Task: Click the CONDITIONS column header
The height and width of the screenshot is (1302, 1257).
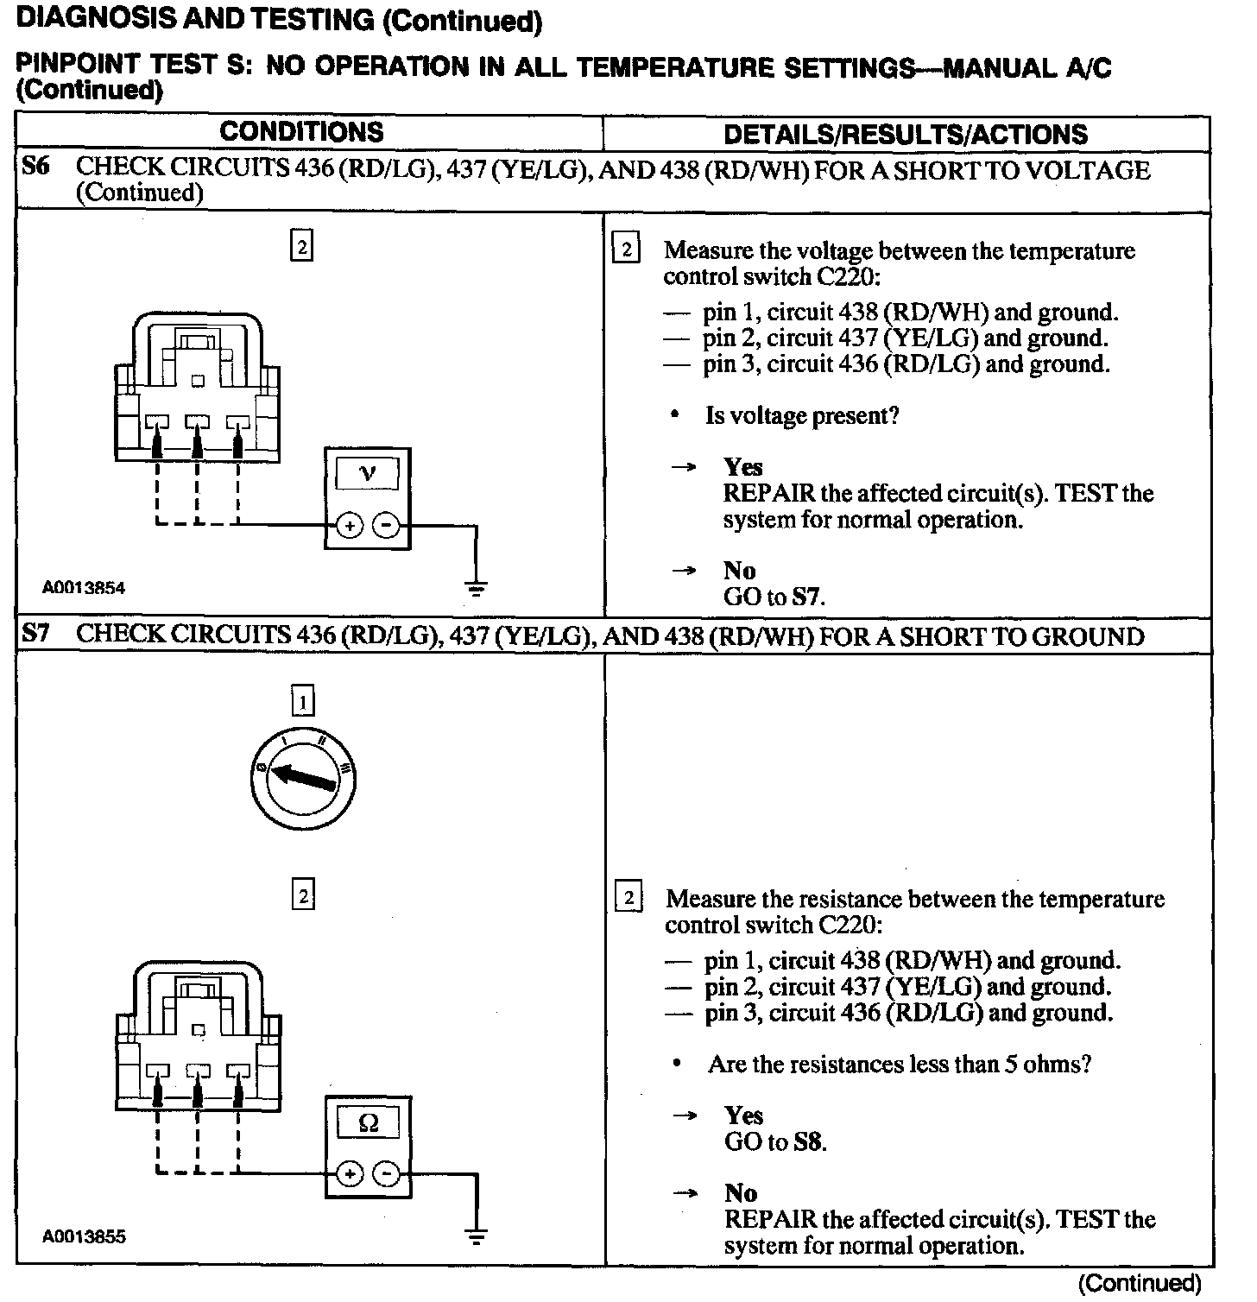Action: point(301,132)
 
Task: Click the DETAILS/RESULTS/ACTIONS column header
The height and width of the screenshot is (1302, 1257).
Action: point(905,135)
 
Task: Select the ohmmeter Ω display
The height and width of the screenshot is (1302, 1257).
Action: point(368,1122)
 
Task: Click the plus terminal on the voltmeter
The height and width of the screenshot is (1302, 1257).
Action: point(349,525)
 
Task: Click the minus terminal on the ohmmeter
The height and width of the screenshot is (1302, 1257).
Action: point(388,1173)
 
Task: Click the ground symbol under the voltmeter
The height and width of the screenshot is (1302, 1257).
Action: point(475,591)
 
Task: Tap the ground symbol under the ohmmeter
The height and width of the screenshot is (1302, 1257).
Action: point(475,1237)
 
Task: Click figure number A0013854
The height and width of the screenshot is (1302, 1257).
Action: point(84,588)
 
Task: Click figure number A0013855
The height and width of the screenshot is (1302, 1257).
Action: point(84,1236)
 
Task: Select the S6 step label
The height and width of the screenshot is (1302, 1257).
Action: point(35,167)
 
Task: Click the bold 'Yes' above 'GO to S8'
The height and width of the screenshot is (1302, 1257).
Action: point(743,1116)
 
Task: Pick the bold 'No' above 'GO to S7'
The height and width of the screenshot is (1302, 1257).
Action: point(739,571)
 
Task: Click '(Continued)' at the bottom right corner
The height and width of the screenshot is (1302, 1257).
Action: point(1140,1284)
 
